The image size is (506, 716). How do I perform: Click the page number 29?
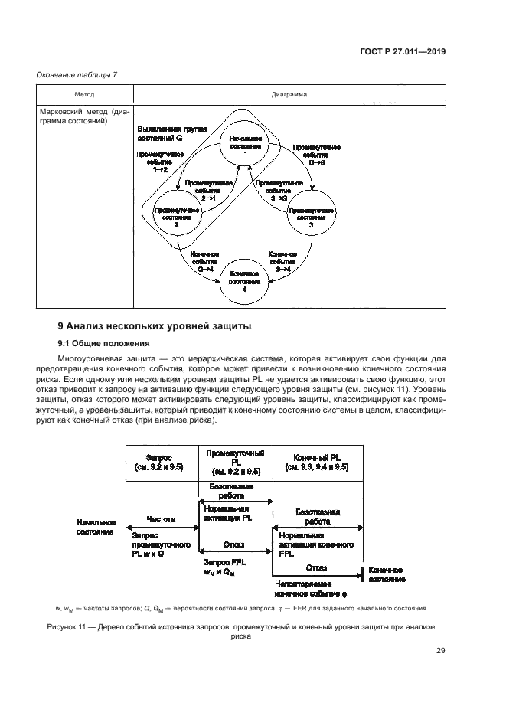[440, 652]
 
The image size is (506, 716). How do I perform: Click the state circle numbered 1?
[245, 146]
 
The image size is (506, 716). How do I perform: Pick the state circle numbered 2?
[177, 218]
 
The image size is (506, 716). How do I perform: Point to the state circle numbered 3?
[311, 218]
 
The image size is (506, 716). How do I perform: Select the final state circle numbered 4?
[245, 281]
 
